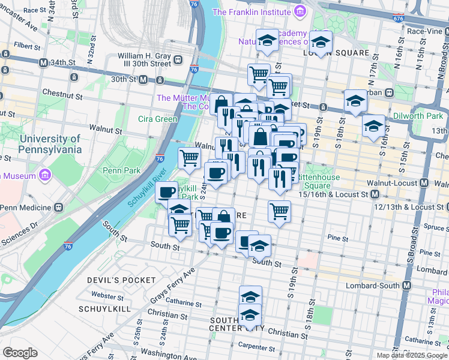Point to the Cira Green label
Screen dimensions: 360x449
pos(158,119)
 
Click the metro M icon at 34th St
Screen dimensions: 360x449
pos(43,62)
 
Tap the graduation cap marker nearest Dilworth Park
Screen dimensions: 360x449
pos(373,126)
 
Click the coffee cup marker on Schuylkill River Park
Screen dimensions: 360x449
pos(167,192)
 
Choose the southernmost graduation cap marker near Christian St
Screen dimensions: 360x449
pos(250,315)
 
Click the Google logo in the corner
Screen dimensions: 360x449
pos(20,353)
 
